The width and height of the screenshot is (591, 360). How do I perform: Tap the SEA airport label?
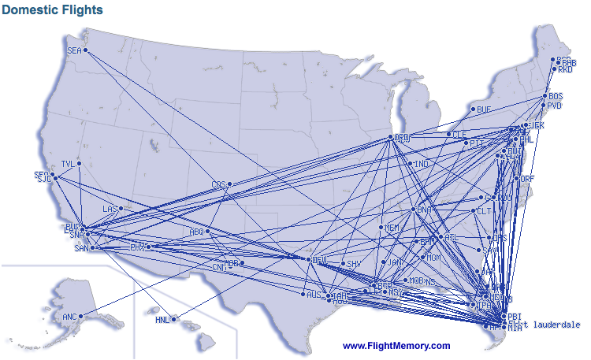click(x=74, y=50)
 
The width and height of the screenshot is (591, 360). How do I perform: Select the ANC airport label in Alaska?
click(x=69, y=317)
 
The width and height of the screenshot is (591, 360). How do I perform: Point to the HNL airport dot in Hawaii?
click(x=176, y=320)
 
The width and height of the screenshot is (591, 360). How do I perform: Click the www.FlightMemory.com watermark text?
click(x=396, y=346)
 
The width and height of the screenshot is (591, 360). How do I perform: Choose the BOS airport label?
click(x=556, y=96)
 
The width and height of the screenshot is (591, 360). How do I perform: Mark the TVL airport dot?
click(x=80, y=164)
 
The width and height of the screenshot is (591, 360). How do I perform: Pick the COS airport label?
click(x=218, y=185)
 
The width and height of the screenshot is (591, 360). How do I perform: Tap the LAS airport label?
click(x=110, y=209)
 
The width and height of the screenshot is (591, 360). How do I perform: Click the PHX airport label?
click(x=137, y=247)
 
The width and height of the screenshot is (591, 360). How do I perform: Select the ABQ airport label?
click(x=196, y=232)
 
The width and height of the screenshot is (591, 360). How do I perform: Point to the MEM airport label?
click(x=392, y=228)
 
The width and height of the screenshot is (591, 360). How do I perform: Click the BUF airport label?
click(x=483, y=109)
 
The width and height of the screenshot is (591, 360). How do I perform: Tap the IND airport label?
click(x=422, y=165)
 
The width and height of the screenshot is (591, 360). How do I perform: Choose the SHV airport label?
click(x=354, y=264)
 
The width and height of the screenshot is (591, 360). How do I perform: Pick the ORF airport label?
click(x=527, y=179)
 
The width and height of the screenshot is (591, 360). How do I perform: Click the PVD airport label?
click(x=555, y=105)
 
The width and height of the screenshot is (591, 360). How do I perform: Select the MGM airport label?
click(x=433, y=258)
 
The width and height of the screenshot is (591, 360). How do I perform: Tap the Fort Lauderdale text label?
click(x=545, y=324)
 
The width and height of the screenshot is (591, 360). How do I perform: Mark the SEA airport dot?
click(x=86, y=51)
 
